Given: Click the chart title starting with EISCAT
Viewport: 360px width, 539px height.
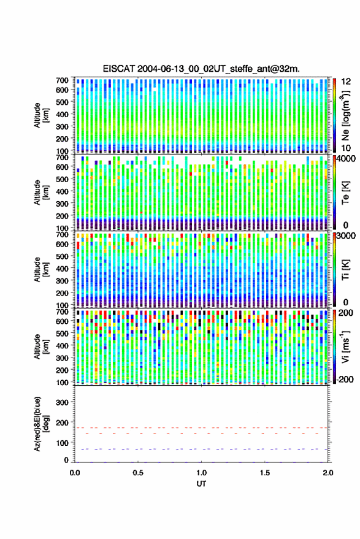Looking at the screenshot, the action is pyautogui.click(x=201, y=69).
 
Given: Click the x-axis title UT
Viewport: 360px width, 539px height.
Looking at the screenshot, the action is pyautogui.click(x=202, y=484).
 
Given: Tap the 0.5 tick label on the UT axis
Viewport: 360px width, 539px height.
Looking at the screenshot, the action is pyautogui.click(x=138, y=473).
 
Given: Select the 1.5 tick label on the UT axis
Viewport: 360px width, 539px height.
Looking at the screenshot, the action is pyautogui.click(x=265, y=473).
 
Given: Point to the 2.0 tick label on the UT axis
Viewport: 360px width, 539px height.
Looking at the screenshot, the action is pyautogui.click(x=328, y=473).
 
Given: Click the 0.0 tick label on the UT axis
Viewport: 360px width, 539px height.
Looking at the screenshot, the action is pyautogui.click(x=75, y=473).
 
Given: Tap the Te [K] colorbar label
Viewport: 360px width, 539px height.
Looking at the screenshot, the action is pyautogui.click(x=345, y=193).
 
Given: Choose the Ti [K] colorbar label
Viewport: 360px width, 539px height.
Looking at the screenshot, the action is pyautogui.click(x=345, y=270).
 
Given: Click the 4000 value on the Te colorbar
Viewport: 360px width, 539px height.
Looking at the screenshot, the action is pyautogui.click(x=346, y=159).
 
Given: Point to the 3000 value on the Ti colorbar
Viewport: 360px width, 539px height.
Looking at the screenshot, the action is pyautogui.click(x=346, y=236).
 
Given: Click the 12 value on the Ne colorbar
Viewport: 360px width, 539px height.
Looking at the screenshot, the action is pyautogui.click(x=346, y=82).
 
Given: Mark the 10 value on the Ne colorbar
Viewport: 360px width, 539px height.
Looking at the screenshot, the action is pyautogui.click(x=346, y=148).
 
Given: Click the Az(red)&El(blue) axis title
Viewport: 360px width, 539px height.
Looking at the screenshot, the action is pyautogui.click(x=40, y=424).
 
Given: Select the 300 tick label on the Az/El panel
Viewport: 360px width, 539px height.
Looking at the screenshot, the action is pyautogui.click(x=62, y=402).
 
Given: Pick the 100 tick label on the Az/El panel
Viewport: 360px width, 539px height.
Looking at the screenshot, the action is pyautogui.click(x=62, y=443).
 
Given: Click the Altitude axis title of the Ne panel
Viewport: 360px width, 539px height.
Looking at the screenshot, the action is pyautogui.click(x=41, y=115).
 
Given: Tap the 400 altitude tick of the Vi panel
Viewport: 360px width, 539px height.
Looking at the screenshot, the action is pyautogui.click(x=62, y=346).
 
